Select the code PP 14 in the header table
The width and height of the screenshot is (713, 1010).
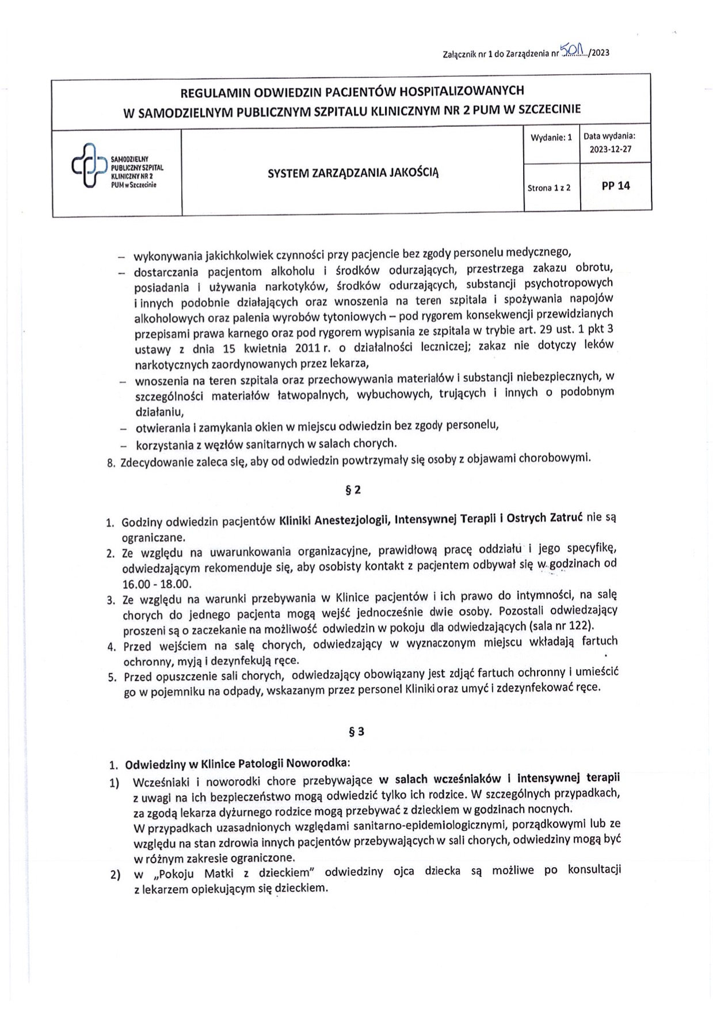click(x=615, y=185)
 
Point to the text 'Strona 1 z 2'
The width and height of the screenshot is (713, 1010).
click(x=548, y=188)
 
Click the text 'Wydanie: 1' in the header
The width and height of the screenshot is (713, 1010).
click(x=551, y=138)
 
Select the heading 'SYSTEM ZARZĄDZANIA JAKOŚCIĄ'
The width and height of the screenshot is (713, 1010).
click(x=353, y=172)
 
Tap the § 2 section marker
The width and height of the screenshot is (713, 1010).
click(x=353, y=490)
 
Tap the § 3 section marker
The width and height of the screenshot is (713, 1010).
click(x=357, y=732)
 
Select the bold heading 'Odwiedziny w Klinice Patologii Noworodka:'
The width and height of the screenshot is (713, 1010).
click(x=237, y=765)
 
